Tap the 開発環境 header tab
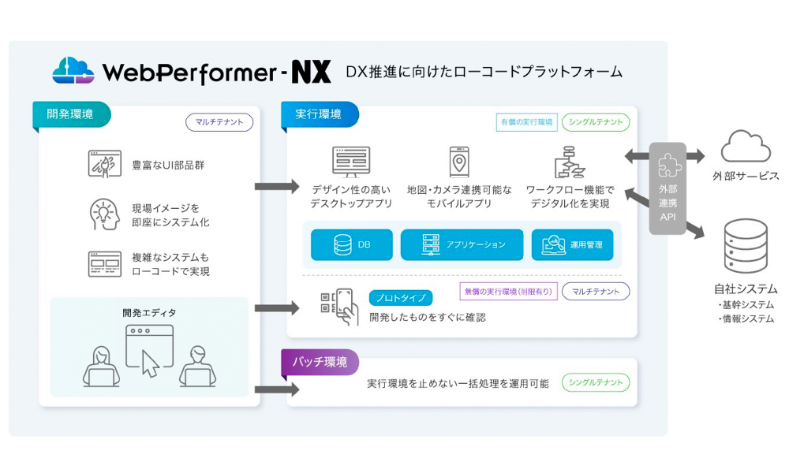click(x=70, y=114)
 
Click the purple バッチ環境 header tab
click(x=319, y=362)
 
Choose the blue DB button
click(x=351, y=245)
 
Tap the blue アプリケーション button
click(x=462, y=245)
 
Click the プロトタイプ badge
click(x=400, y=297)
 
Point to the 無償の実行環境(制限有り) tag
click(x=508, y=291)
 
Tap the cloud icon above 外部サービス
click(x=746, y=147)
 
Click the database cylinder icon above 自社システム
click(x=746, y=246)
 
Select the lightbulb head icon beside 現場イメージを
click(x=104, y=214)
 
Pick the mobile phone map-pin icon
click(x=459, y=162)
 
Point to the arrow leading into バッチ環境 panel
click(x=276, y=389)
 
